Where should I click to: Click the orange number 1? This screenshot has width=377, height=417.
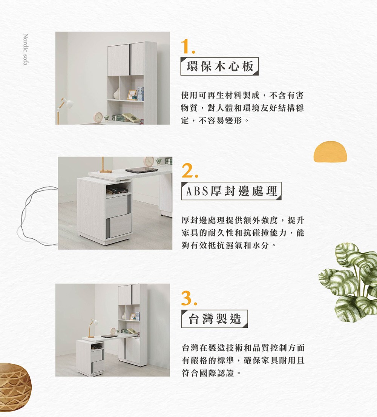click(x=187, y=47)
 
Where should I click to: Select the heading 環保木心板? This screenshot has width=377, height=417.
click(x=219, y=66)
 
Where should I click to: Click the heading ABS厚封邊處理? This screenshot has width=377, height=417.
click(x=231, y=192)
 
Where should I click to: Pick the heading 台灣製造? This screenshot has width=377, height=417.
click(x=214, y=319)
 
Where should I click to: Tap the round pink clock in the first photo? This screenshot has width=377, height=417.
click(x=98, y=117)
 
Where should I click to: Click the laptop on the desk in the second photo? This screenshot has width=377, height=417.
click(x=142, y=170)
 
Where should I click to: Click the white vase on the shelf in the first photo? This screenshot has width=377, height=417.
click(x=116, y=94)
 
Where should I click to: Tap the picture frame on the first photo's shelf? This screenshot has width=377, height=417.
click(x=132, y=94)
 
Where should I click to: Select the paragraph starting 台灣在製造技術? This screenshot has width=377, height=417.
click(x=242, y=360)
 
